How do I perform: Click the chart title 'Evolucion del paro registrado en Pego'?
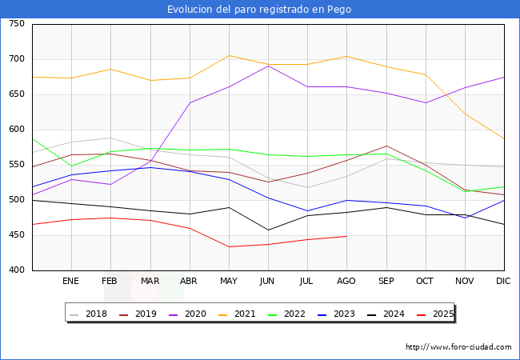point(259,10)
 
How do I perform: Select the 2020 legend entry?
point(194,314)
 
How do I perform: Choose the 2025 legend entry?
point(442,314)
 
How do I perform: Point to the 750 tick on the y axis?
point(16,24)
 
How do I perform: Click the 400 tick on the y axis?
point(16,270)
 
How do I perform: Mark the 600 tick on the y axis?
point(16,130)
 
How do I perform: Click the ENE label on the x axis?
point(71,282)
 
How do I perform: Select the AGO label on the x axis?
point(346,282)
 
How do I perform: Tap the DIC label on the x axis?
point(503,282)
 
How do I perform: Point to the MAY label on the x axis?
point(229,282)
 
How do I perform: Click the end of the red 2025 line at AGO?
point(346,236)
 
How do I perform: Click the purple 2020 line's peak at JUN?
point(268,66)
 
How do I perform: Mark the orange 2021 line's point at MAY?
point(229,55)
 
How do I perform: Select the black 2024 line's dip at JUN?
point(268,230)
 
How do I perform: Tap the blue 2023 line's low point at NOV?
point(464,218)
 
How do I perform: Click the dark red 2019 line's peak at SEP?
point(386,146)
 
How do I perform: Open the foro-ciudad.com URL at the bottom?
point(458,347)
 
